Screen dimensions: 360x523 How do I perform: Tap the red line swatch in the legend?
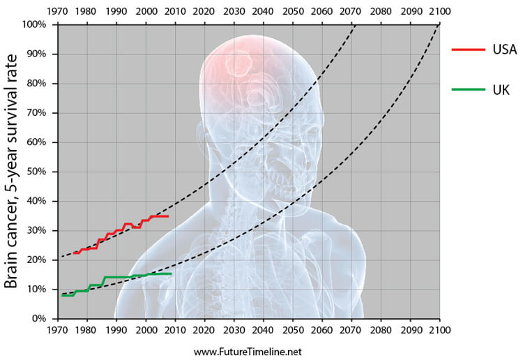click(468, 50)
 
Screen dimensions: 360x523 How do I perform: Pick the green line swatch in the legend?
click(468, 89)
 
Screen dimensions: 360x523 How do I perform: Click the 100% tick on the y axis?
click(33, 25)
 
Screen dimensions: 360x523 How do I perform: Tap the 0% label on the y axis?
click(39, 318)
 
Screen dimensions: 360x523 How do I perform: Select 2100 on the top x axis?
click(440, 12)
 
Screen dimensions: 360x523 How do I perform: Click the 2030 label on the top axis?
click(234, 12)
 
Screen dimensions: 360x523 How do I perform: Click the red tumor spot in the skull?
click(239, 65)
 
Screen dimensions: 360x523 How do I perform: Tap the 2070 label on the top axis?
click(351, 12)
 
